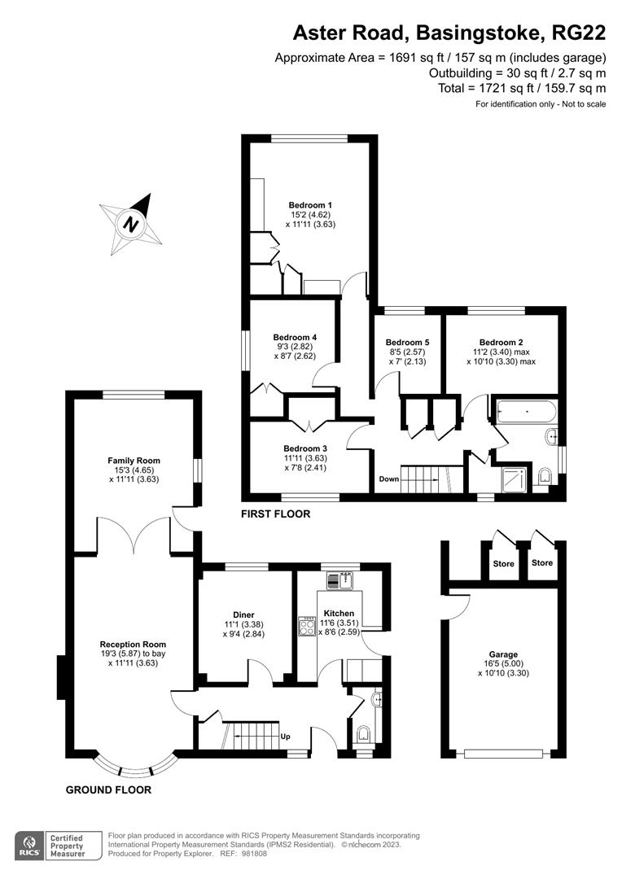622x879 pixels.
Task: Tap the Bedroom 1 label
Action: pyautogui.click(x=310, y=205)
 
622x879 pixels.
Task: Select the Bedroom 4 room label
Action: pyautogui.click(x=295, y=337)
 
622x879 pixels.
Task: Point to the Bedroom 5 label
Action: pyautogui.click(x=407, y=343)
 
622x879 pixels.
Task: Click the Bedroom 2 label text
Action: pyautogui.click(x=501, y=343)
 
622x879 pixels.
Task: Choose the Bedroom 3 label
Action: pyautogui.click(x=305, y=448)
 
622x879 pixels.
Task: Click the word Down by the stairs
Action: pyautogui.click(x=389, y=479)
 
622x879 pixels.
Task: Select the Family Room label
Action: pyautogui.click(x=134, y=461)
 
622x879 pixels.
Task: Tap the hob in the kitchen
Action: pyautogui.click(x=308, y=627)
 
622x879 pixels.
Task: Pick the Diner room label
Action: pyautogui.click(x=243, y=614)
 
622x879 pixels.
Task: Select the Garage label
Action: pyautogui.click(x=503, y=654)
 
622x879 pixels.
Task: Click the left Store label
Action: pyautogui.click(x=502, y=562)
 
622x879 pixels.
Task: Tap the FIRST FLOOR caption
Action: pyautogui.click(x=275, y=514)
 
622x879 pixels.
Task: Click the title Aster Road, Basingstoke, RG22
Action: pyautogui.click(x=449, y=33)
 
